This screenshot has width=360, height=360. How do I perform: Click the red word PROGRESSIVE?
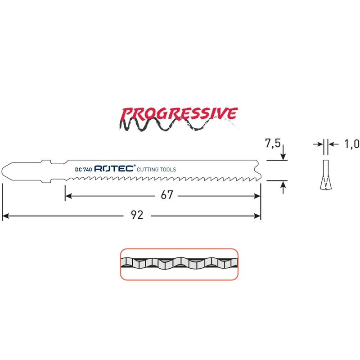(179, 114)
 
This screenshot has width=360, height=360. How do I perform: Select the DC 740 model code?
(83, 170)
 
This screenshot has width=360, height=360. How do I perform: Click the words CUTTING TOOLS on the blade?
(156, 170)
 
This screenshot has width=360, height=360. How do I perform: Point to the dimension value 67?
(166, 195)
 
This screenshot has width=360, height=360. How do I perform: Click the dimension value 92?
(137, 215)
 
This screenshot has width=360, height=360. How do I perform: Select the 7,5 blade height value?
(273, 143)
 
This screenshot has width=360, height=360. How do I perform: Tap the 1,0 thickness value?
(352, 144)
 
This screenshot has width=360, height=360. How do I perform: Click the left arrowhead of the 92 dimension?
(5, 216)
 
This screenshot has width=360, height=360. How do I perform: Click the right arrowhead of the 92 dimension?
(257, 216)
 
